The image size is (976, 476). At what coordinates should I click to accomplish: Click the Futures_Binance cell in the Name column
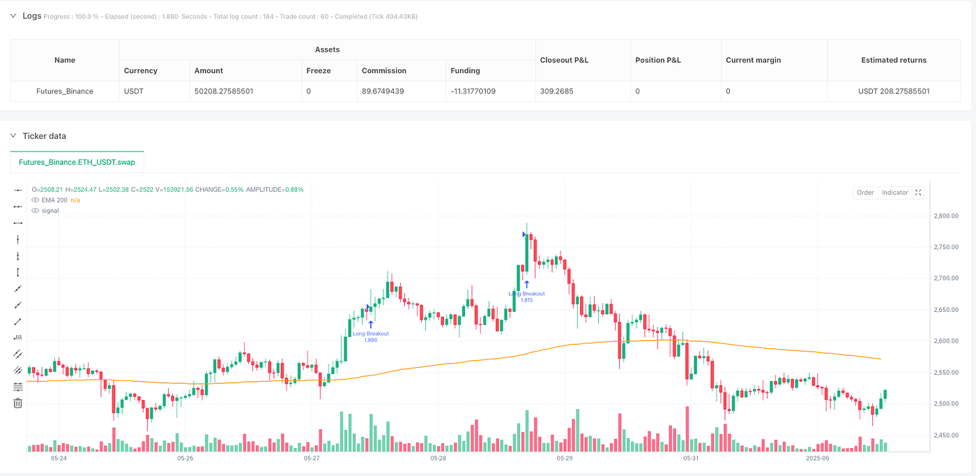[65, 91]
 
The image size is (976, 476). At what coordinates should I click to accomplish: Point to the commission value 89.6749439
[388, 91]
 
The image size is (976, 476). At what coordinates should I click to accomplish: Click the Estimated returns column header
[894, 60]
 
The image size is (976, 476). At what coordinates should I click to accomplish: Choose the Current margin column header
[753, 60]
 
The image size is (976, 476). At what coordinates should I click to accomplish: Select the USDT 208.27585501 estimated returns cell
[894, 91]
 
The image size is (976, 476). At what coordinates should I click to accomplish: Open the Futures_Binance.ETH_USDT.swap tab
[77, 161]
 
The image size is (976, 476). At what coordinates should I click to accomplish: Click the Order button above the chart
[865, 193]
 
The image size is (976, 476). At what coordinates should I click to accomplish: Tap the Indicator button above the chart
[894, 193]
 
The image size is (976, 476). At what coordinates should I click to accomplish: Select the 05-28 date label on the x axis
[438, 459]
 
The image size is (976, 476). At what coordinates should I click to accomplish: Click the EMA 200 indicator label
[54, 200]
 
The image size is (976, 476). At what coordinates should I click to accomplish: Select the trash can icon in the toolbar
[18, 403]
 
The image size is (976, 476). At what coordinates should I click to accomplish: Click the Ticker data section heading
[45, 136]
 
